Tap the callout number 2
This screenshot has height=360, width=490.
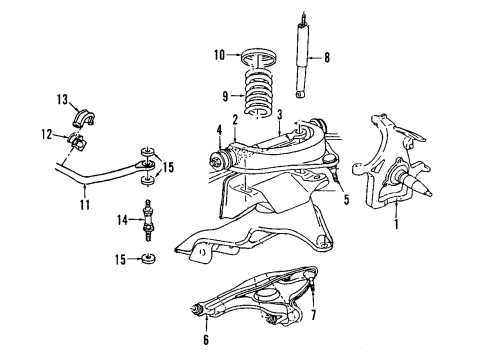pos(234,120)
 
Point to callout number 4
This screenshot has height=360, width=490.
pos(217,128)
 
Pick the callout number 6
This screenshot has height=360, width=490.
pos(208,339)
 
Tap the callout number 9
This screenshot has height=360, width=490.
pos(224,97)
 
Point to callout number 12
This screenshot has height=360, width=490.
pos(46,135)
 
